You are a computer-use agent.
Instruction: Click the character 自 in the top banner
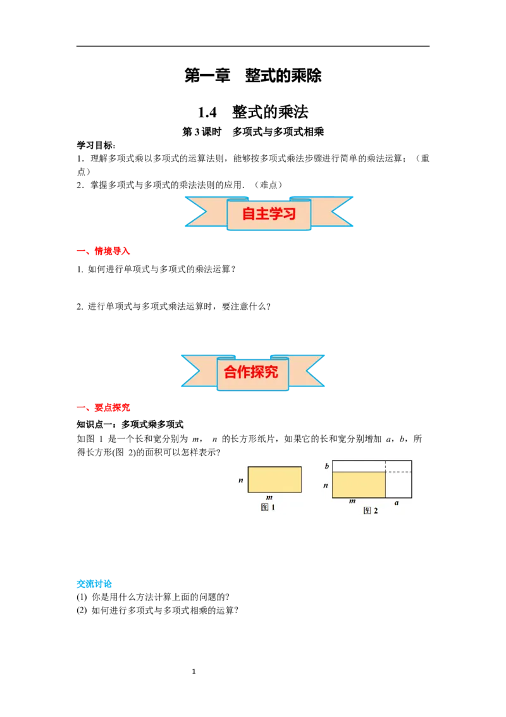(249, 213)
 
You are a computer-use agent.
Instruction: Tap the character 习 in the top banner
(290, 213)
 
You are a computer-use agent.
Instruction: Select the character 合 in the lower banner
(230, 372)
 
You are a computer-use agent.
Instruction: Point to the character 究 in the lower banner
(271, 372)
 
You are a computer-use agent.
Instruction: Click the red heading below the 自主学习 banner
(104, 251)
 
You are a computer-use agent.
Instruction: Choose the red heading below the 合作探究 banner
(104, 409)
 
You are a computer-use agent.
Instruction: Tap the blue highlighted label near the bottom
(95, 584)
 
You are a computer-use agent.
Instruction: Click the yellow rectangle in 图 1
(274, 479)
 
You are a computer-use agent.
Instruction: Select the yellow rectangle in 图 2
(359, 485)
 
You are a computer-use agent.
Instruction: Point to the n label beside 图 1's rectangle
(241, 481)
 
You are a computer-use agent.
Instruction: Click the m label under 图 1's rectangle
(269, 497)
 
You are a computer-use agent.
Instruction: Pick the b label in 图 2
(326, 466)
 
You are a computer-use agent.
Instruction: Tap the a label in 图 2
(397, 502)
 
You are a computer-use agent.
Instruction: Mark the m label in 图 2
(352, 502)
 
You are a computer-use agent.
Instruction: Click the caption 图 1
(268, 507)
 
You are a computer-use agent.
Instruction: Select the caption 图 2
(371, 511)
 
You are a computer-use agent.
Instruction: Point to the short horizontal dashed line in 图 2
(398, 472)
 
